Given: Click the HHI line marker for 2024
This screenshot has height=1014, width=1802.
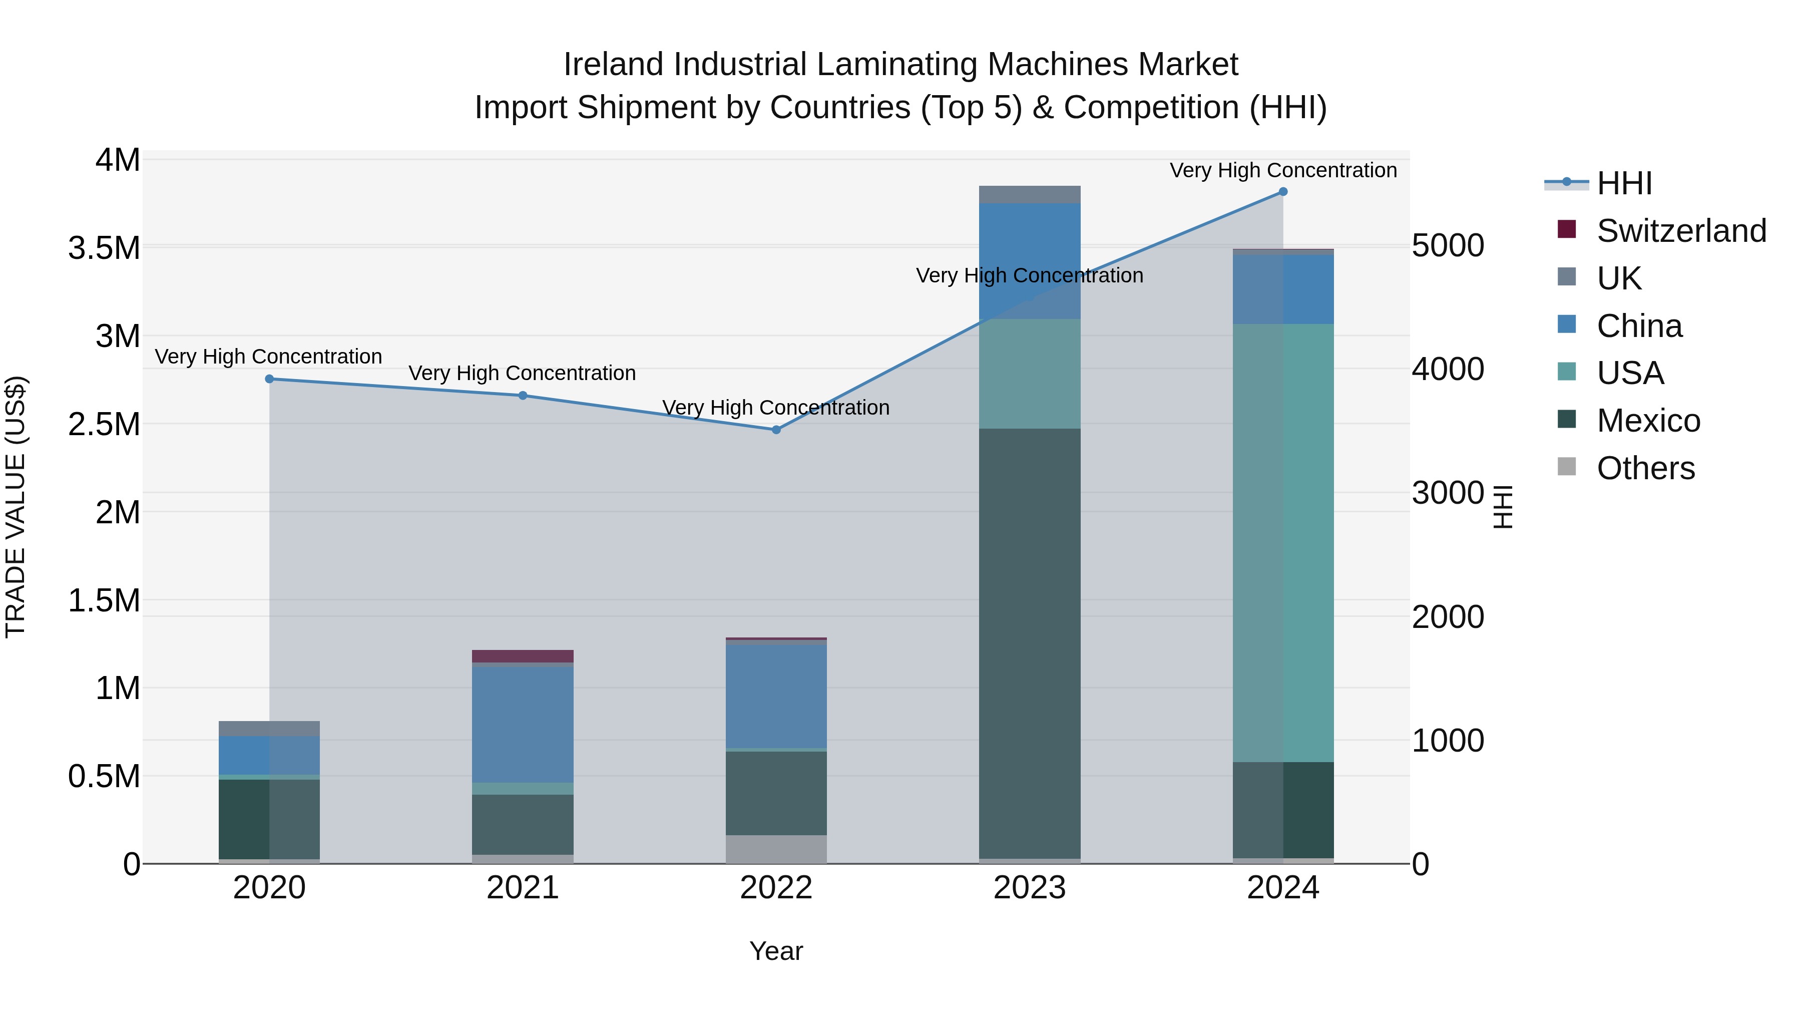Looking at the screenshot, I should pos(1282,192).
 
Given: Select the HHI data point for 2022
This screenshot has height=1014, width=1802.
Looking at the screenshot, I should pos(776,430).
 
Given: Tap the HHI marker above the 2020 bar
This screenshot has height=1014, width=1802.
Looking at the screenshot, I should pos(269,379).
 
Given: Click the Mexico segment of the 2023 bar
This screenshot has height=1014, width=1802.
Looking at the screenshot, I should pos(1029,644).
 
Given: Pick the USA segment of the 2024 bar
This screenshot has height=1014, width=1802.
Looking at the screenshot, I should pos(1282,542).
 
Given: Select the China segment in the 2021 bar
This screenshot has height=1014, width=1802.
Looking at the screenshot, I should pos(523,724).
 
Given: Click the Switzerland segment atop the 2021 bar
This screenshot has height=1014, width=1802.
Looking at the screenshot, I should pos(523,655).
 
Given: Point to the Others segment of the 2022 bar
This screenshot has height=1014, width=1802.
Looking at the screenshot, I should pos(776,849).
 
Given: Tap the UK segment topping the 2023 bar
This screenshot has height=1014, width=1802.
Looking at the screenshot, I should pos(1029,195).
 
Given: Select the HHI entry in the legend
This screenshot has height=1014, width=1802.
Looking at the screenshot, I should pos(1624,183).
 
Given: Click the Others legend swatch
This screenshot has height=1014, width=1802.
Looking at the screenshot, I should pos(1567,467).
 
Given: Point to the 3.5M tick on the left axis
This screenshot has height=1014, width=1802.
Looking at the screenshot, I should pos(104,248).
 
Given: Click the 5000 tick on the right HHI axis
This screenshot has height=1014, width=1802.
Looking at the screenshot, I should pos(1447,246).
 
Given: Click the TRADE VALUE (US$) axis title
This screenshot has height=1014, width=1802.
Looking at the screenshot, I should pos(16,507).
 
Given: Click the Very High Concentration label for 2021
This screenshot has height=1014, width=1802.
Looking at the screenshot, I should pos(522,373).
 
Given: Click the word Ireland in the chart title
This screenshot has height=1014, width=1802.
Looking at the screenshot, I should pos(614,65).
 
